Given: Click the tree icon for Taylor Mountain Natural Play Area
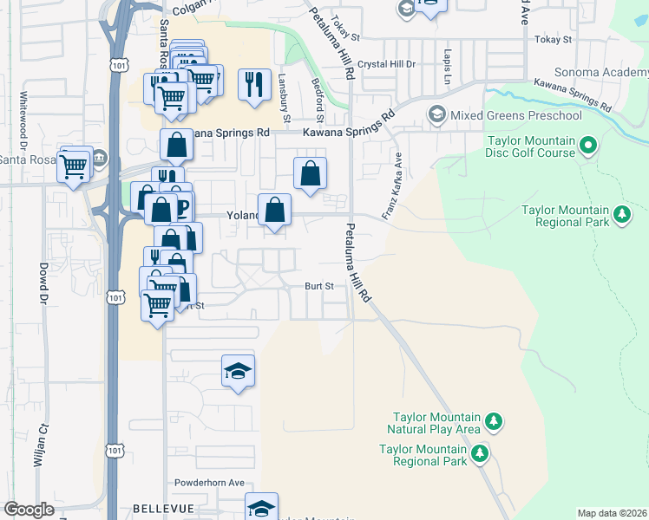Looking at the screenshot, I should (494, 422).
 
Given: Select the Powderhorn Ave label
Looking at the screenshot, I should (209, 483).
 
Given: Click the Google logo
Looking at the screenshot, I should (29, 510).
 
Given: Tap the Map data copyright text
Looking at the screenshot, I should (612, 513).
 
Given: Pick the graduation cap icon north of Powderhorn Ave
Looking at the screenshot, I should (239, 371).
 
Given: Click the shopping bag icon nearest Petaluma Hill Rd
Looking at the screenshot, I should (310, 173).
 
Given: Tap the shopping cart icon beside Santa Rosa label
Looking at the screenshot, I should (75, 164).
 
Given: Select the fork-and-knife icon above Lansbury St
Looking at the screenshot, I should (254, 84).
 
